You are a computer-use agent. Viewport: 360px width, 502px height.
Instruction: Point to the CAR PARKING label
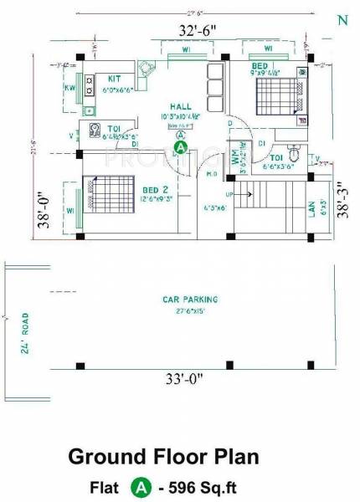click(x=191, y=299)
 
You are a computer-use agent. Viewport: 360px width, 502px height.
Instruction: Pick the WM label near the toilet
click(x=233, y=156)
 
